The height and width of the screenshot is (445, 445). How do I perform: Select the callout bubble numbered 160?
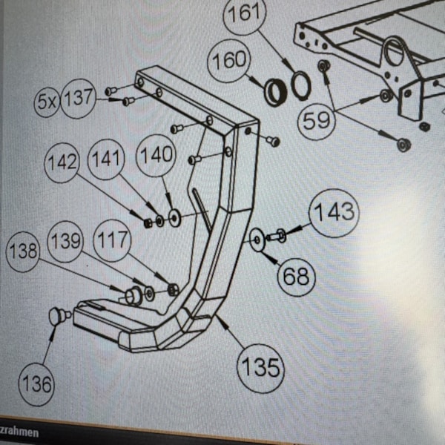click(228, 62)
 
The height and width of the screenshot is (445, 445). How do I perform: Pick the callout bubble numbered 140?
click(157, 156)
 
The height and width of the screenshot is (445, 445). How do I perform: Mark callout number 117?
click(113, 241)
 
